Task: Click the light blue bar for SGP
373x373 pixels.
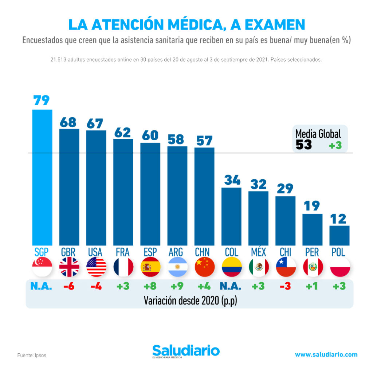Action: pyautogui.click(x=42, y=177)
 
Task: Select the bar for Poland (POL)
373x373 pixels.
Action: pyautogui.click(x=339, y=235)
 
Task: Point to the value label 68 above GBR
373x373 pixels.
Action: pyautogui.click(x=69, y=122)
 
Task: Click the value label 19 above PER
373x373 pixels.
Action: pyautogui.click(x=312, y=207)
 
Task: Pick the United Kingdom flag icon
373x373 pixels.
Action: pyautogui.click(x=69, y=267)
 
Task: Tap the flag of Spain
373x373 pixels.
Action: pyautogui.click(x=150, y=267)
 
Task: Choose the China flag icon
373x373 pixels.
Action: pyautogui.click(x=205, y=267)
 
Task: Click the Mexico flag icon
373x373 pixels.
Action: pyautogui.click(x=259, y=267)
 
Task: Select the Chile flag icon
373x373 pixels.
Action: pyautogui.click(x=286, y=267)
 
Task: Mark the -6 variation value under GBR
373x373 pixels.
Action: pyautogui.click(x=69, y=287)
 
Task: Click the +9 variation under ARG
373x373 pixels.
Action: pyautogui.click(x=177, y=287)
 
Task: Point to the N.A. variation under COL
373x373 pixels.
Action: pyautogui.click(x=231, y=287)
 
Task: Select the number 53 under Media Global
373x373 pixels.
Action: pyautogui.click(x=304, y=145)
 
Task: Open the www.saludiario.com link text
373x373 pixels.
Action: pyautogui.click(x=326, y=354)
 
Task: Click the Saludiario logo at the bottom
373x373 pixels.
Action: pyautogui.click(x=186, y=351)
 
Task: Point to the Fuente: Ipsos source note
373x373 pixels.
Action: pyautogui.click(x=32, y=355)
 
